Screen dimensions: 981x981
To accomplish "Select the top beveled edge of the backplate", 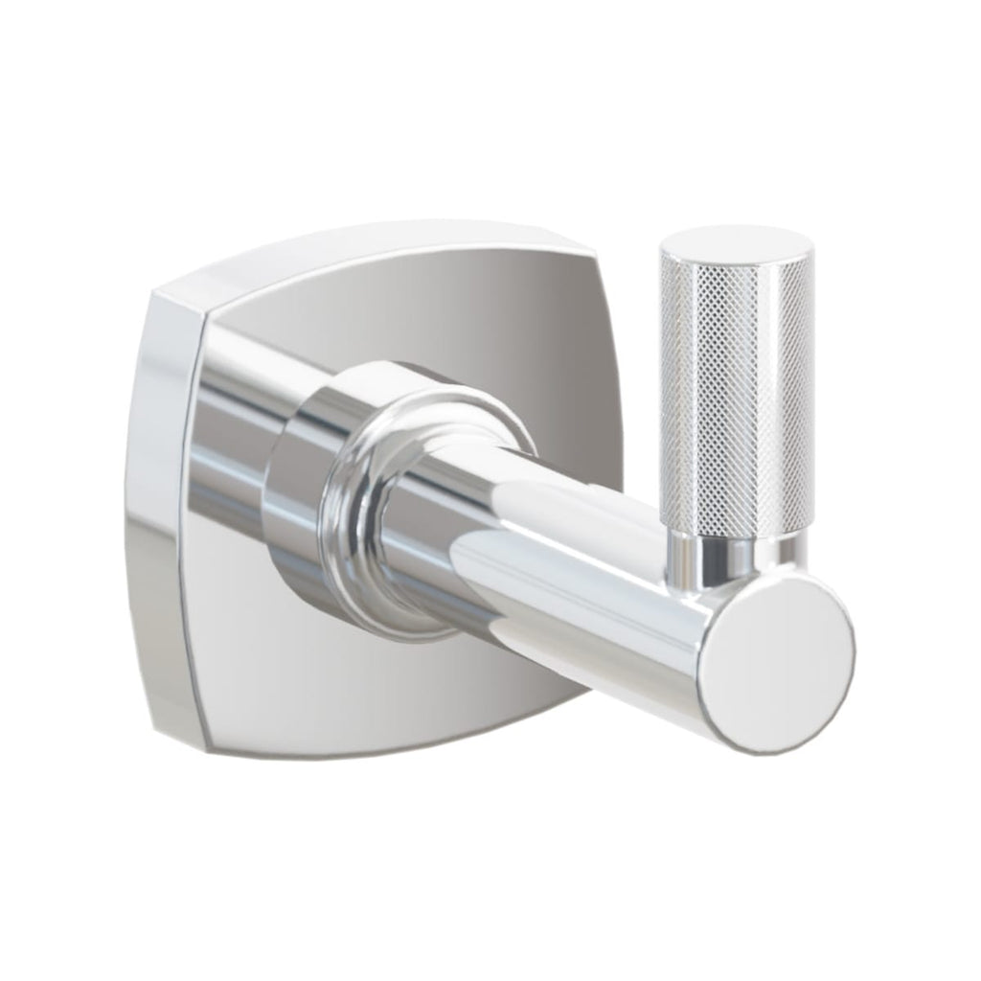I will click(x=383, y=244).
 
